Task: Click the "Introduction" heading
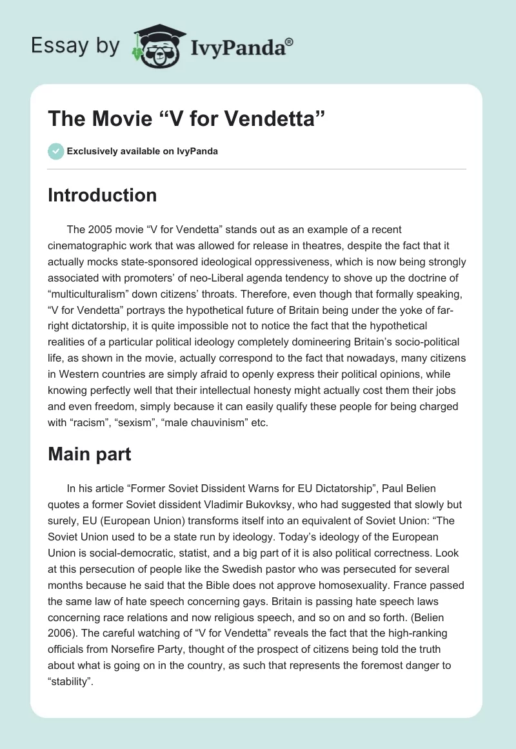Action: (102, 195)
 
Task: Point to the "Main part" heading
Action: (89, 454)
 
